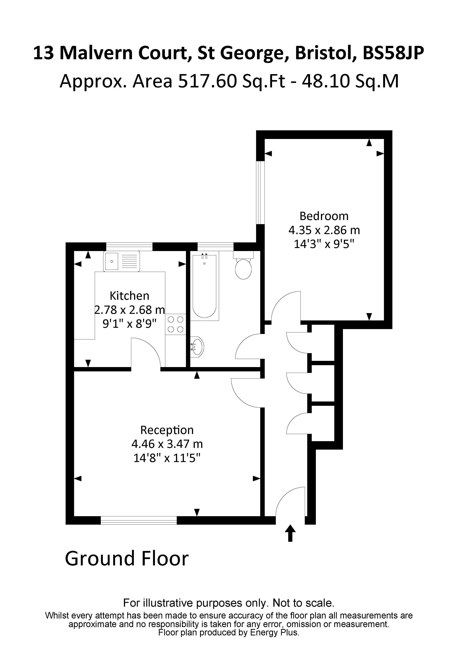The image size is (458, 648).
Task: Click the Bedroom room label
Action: click(x=324, y=216)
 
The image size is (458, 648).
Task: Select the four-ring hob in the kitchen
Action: click(x=176, y=324)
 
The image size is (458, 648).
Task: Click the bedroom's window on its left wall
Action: click(x=260, y=193)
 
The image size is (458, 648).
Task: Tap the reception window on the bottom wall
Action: click(x=139, y=520)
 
